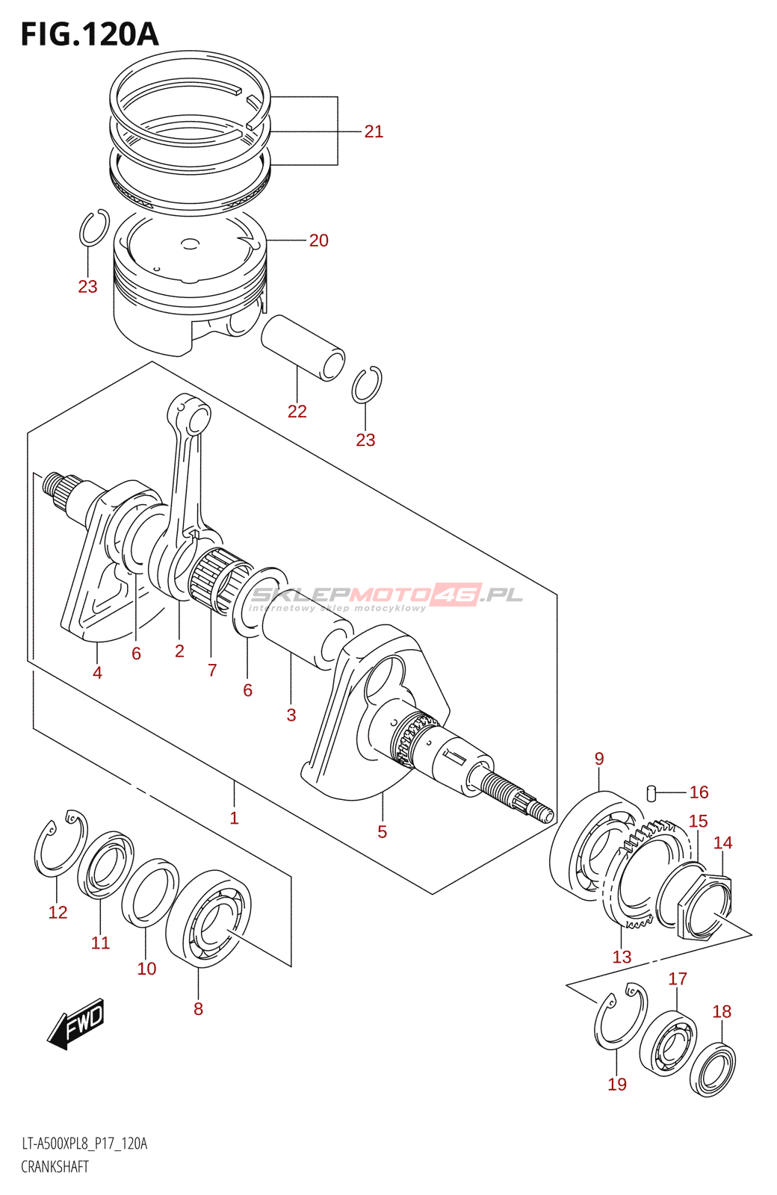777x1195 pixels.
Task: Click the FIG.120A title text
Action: tap(90, 34)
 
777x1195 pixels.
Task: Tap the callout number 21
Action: tap(374, 131)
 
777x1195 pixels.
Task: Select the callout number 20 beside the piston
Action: tap(318, 240)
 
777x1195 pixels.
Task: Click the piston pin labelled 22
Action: tap(302, 347)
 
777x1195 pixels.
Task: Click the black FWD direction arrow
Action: tap(77, 1023)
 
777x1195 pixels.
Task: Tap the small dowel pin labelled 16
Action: tap(650, 792)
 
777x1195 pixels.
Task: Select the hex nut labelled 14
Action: tap(705, 906)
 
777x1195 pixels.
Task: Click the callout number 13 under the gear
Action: tap(622, 957)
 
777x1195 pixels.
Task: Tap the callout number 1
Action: tap(234, 818)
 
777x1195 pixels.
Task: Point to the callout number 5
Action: tap(382, 832)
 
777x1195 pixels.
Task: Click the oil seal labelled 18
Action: tap(712, 1070)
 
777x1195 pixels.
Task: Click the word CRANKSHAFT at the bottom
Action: tap(55, 1167)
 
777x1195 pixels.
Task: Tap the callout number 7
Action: tap(212, 670)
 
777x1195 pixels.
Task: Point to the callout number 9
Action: tap(599, 759)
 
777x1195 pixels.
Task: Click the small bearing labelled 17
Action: tap(668, 1043)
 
